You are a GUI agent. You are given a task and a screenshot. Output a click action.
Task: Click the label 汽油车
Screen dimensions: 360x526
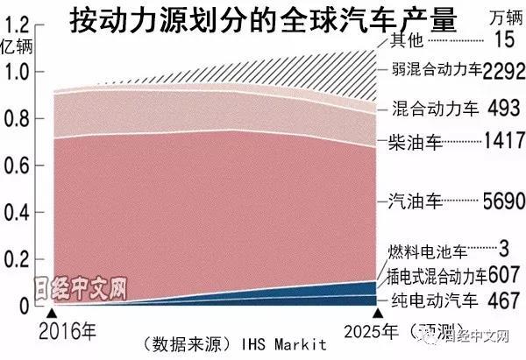[x=413, y=202]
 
